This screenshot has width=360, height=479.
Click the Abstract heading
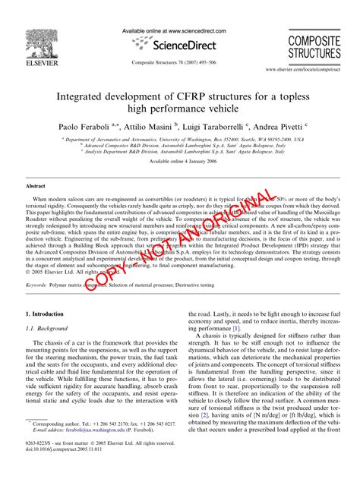click(36, 186)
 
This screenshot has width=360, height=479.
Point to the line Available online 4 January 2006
click(179, 162)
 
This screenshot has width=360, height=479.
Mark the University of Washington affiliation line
click(179, 140)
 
